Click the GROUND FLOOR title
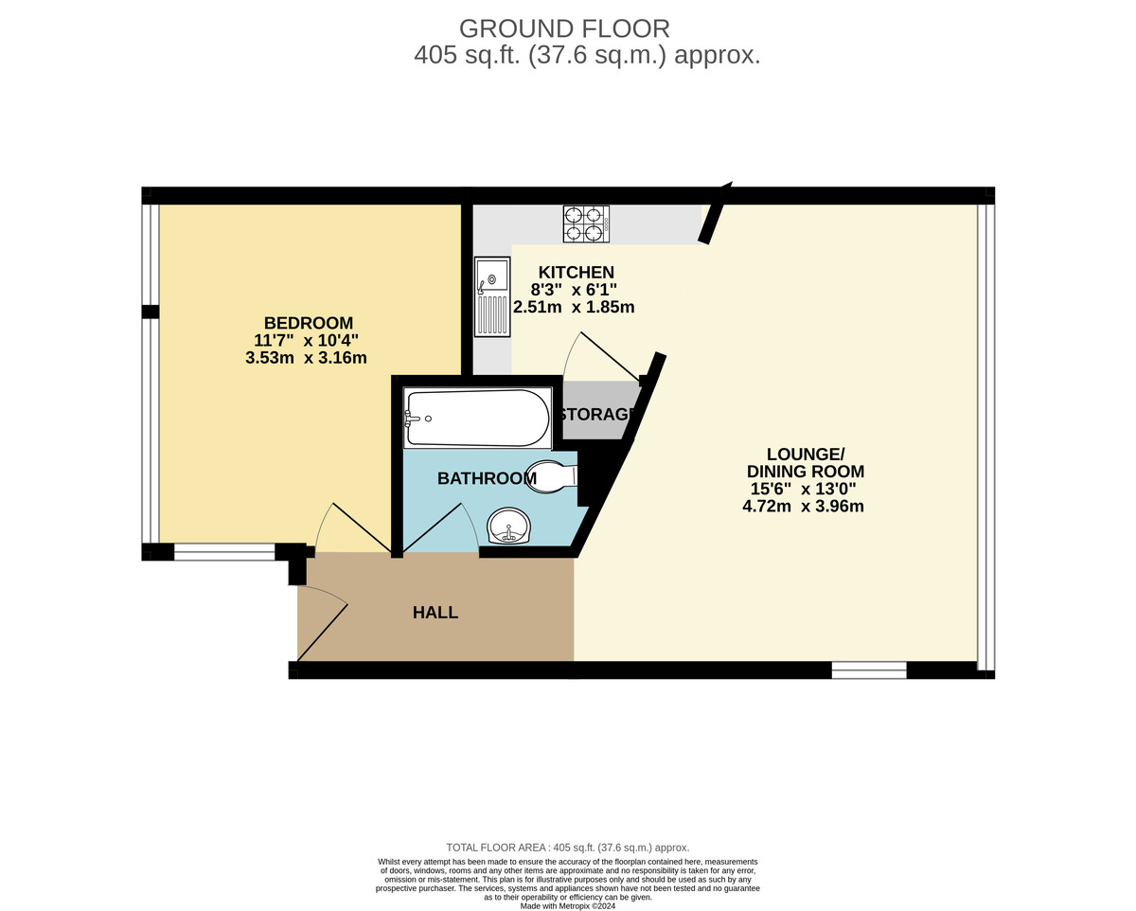564,28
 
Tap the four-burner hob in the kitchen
585,223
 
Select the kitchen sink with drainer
492,296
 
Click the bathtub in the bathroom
478,418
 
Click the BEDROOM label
309,323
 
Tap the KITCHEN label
576,272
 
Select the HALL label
435,613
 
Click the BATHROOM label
487,478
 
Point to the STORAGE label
595,415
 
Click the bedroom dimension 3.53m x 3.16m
306,358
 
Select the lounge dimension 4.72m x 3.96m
803,506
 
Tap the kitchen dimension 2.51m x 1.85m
574,307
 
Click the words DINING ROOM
806,471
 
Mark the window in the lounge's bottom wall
869,670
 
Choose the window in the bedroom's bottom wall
224,552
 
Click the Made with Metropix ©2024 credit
567,906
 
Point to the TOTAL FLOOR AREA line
568,848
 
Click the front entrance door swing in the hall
323,624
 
